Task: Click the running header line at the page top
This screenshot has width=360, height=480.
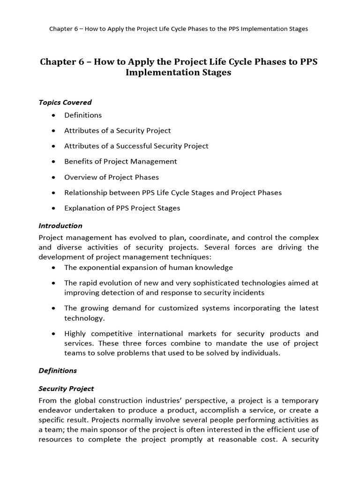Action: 179,29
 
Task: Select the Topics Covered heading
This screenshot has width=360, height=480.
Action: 65,102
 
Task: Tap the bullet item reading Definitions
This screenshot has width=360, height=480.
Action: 82,115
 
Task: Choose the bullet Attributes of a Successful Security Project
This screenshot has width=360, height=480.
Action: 136,146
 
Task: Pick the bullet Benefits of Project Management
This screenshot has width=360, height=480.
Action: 120,161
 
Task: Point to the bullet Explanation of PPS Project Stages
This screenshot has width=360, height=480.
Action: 122,208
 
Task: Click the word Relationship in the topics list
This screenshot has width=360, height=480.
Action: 85,193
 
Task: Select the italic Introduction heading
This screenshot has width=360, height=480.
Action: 60,225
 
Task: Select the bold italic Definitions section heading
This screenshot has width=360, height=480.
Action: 58,370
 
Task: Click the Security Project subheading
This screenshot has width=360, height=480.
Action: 66,389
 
